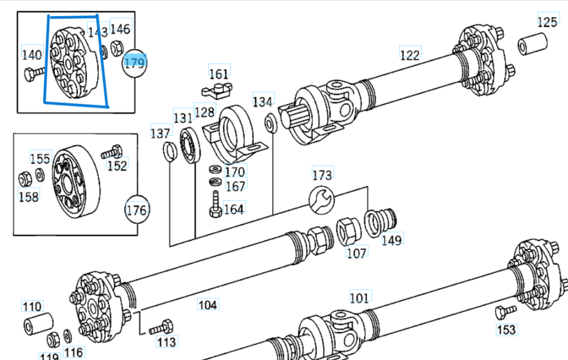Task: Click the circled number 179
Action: [134, 63]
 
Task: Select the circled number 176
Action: [136, 210]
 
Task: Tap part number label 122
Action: [409, 54]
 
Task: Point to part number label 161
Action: [218, 74]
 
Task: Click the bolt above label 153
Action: [505, 311]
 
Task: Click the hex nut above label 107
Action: [348, 230]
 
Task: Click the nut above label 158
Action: [25, 177]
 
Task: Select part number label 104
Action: [207, 305]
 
